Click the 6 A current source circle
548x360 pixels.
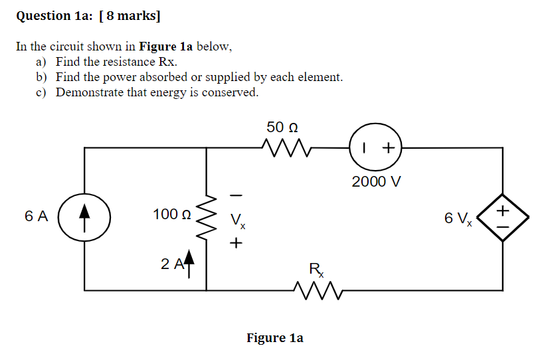pos(84,217)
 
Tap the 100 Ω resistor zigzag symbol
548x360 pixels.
pos(207,216)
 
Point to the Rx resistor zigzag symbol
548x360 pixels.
pos(316,290)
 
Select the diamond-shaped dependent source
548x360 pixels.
pos(503,217)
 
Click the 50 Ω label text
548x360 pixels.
pos(282,126)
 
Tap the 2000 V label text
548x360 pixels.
pos(377,181)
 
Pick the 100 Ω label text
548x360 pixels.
pos(171,215)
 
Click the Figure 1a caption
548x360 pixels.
pos(274,338)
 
